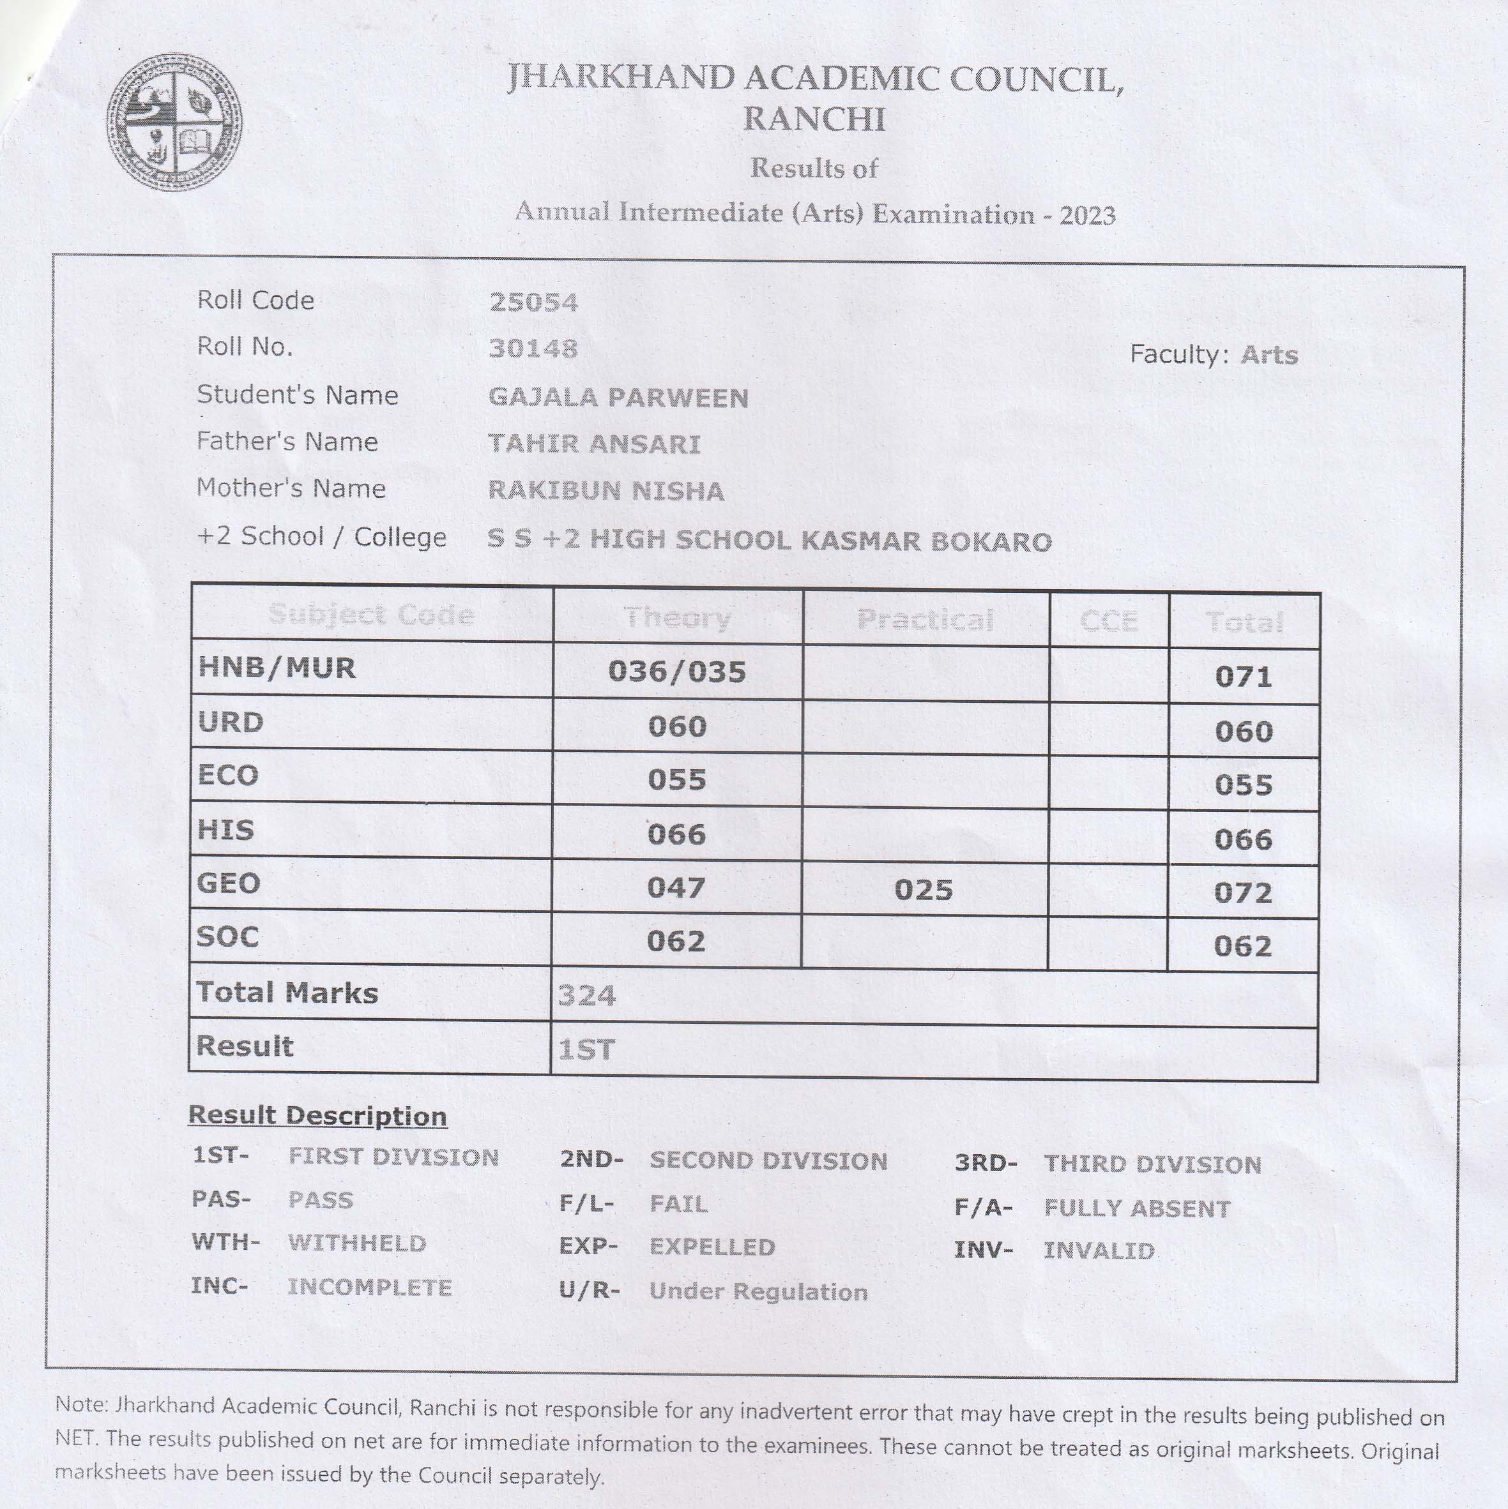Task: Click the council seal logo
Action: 174,123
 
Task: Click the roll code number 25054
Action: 534,303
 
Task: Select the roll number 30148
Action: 534,349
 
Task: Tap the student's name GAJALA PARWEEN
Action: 618,398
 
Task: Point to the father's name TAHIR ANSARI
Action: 594,444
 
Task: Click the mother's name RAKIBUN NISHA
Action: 605,490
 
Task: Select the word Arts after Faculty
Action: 1269,356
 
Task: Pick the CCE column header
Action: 1109,622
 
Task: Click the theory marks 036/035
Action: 676,672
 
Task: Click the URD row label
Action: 231,723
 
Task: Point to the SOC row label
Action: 227,936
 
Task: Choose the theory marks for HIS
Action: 676,835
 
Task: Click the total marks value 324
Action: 587,996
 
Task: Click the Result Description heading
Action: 317,1115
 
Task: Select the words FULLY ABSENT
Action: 1137,1208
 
